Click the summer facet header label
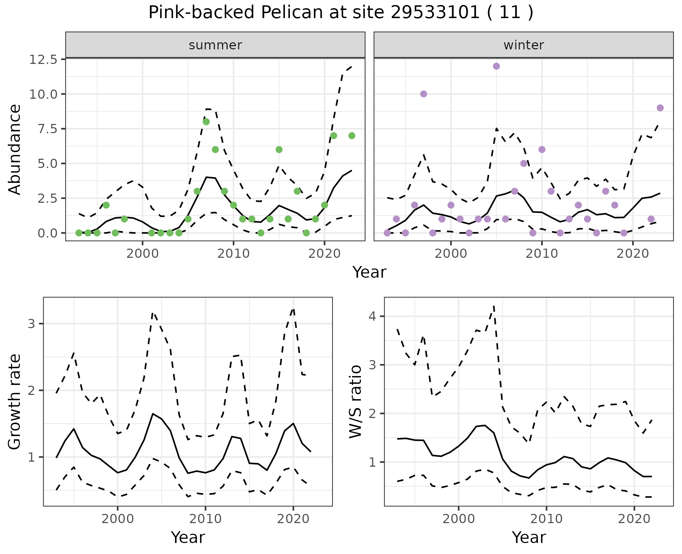215,45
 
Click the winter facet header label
524,45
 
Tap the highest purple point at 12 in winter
497,66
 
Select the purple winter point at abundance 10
423,94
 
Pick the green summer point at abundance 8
206,122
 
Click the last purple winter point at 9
660,108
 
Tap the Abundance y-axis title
15,149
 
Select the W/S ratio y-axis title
356,401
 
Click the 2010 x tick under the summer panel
233,254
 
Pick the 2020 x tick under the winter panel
632,254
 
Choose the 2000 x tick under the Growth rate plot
118,519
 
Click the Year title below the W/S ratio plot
529,538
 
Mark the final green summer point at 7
352,136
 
